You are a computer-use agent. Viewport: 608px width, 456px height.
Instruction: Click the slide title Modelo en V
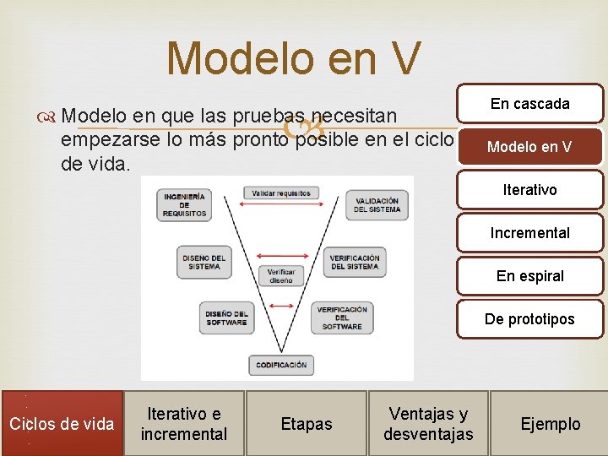[x=292, y=59]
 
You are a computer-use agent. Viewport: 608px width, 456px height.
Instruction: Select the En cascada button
[x=530, y=104]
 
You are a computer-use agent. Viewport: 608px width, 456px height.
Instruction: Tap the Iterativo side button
[x=530, y=190]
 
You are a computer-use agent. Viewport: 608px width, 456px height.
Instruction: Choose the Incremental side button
[x=530, y=233]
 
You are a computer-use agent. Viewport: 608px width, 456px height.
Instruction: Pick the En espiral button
[x=530, y=276]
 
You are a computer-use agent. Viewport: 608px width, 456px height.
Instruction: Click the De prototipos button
[x=530, y=319]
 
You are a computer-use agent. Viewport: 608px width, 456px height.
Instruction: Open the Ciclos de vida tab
[x=61, y=423]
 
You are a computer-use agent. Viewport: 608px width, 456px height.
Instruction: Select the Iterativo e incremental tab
[x=184, y=423]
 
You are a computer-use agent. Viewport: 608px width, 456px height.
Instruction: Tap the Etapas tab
[x=306, y=423]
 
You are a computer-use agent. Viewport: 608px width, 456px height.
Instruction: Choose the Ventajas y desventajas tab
[x=428, y=423]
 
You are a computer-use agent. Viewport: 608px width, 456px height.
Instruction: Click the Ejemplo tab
[x=550, y=423]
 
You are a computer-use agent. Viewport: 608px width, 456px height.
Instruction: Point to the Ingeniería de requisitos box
[x=185, y=204]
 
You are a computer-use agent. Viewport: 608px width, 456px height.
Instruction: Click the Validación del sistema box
[x=377, y=204]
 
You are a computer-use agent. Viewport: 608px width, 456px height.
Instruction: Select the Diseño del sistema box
[x=204, y=262]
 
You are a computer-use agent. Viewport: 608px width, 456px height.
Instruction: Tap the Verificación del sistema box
[x=355, y=262]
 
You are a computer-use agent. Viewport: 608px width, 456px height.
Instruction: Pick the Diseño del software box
[x=226, y=318]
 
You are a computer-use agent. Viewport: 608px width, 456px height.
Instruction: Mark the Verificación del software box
[x=342, y=318]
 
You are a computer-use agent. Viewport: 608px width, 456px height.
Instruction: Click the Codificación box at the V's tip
[x=281, y=365]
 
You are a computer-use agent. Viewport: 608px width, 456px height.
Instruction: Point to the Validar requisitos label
[x=281, y=193]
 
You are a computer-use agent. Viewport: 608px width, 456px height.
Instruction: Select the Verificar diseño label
[x=281, y=276]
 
